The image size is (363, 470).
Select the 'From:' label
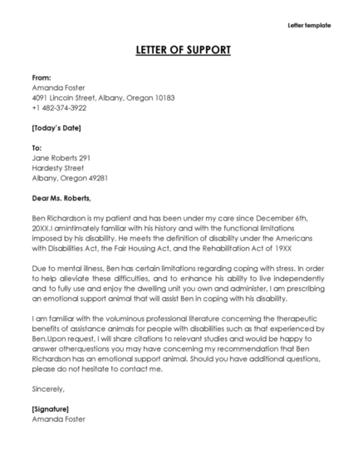point(42,77)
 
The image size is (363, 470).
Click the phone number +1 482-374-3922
point(59,107)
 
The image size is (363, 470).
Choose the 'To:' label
point(37,147)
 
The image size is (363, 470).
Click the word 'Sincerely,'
point(47,388)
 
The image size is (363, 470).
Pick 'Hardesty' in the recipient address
point(49,167)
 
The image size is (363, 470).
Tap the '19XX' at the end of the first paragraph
point(303,248)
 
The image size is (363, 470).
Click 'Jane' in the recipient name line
point(40,157)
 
